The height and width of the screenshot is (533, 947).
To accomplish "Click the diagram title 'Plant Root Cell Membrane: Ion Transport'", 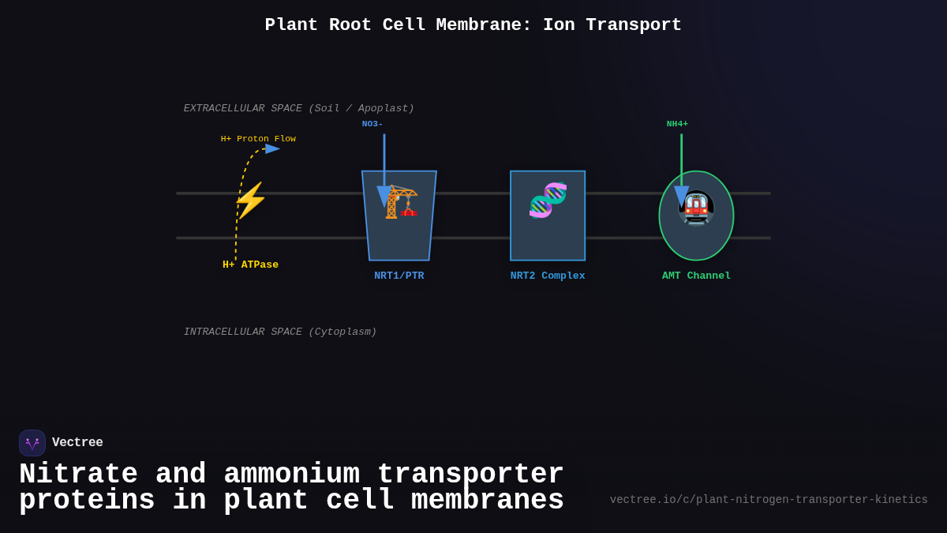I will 473,25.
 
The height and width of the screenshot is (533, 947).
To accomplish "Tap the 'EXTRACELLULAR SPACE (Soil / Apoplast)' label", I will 298,108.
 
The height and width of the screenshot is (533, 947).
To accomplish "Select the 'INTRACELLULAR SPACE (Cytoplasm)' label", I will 280,332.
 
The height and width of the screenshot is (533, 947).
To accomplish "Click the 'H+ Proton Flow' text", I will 258,139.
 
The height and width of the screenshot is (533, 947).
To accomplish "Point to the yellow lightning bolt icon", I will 250,200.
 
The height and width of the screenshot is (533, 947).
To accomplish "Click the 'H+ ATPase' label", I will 250,265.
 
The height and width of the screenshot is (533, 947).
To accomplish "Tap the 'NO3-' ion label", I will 372,124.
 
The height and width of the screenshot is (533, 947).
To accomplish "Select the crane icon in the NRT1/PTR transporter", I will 402,202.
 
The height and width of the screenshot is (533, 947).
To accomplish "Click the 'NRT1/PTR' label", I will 399,276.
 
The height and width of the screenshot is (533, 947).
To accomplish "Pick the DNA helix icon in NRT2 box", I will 548,200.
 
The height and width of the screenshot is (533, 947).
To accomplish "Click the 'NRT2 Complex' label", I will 548,276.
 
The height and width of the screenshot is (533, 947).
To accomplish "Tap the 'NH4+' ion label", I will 677,124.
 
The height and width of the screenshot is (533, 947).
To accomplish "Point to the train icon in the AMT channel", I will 696,208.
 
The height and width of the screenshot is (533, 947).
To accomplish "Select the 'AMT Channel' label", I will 696,276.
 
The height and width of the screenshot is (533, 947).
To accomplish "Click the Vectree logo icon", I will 32,443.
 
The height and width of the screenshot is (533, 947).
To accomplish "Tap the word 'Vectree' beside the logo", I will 77,443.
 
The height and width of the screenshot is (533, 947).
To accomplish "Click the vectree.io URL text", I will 769,500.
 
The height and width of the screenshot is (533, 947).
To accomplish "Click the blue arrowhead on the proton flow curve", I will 272,148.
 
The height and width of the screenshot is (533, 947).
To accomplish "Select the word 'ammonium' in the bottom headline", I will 291,475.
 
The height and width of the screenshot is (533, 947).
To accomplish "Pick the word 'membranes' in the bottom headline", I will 487,501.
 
